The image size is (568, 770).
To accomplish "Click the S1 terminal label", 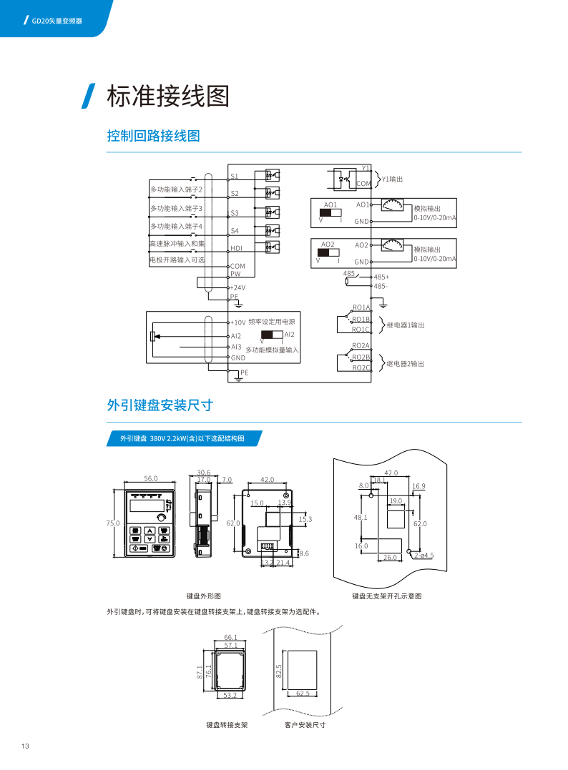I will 235,176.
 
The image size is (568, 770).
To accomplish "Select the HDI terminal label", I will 237,249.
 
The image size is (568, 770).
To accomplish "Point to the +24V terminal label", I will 238,287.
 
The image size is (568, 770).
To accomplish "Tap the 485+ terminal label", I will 381,277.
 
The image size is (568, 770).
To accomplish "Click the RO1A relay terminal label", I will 361,307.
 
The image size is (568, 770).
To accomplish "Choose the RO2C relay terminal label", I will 361,367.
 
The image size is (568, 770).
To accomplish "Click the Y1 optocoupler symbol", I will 343,178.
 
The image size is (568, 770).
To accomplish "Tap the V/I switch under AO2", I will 328,252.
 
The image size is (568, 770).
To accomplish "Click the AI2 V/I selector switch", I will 272,335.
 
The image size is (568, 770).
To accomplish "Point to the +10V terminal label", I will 238,322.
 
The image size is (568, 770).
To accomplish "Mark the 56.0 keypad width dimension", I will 150,478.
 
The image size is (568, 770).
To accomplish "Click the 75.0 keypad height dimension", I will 113,523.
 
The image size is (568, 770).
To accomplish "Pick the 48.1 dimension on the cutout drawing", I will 361,517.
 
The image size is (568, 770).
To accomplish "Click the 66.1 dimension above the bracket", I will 230,636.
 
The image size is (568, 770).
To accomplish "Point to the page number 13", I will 25,746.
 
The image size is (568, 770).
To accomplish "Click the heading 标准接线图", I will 167,97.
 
